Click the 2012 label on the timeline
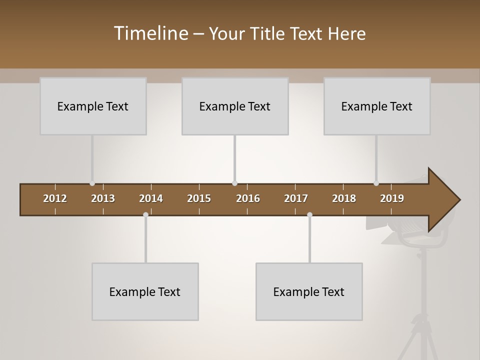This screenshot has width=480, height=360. click(x=55, y=198)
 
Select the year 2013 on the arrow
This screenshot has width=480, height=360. click(x=103, y=198)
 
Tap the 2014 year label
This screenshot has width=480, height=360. click(x=151, y=198)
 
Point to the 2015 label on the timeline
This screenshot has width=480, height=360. click(x=199, y=198)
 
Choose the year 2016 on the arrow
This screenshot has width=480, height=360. click(x=248, y=198)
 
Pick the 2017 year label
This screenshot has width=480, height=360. click(x=296, y=198)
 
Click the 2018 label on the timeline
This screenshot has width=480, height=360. click(x=344, y=198)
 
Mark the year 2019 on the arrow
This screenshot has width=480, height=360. click(x=392, y=198)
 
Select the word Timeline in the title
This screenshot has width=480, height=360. click(x=151, y=33)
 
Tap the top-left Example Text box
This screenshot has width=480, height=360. click(x=93, y=106)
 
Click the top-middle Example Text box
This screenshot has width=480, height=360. click(x=235, y=106)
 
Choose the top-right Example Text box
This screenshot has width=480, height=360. click(x=377, y=106)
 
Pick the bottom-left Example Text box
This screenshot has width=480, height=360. click(x=145, y=291)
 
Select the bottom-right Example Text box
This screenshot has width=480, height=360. click(x=309, y=291)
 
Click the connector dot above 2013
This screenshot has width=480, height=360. click(x=92, y=183)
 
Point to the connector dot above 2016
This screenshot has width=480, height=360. click(x=234, y=183)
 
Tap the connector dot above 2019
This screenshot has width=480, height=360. click(x=376, y=183)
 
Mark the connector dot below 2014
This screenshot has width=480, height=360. click(x=145, y=215)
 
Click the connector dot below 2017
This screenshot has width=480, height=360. click(x=309, y=215)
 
